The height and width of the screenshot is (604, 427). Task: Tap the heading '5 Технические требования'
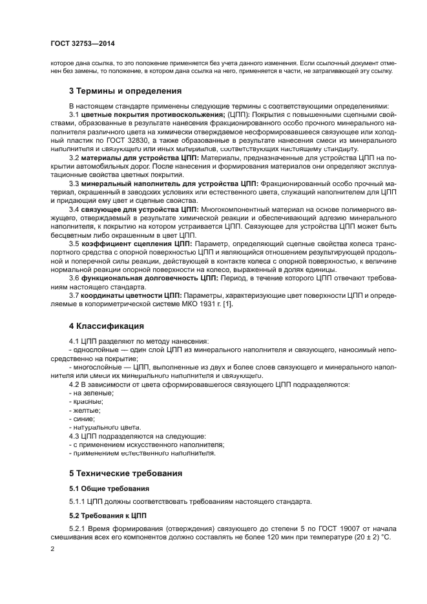(x=126, y=473)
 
